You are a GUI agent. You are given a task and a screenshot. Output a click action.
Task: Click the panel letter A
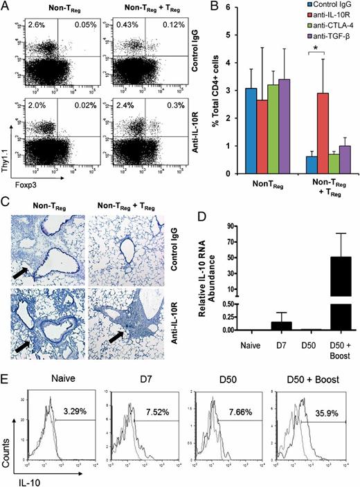(6, 8)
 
